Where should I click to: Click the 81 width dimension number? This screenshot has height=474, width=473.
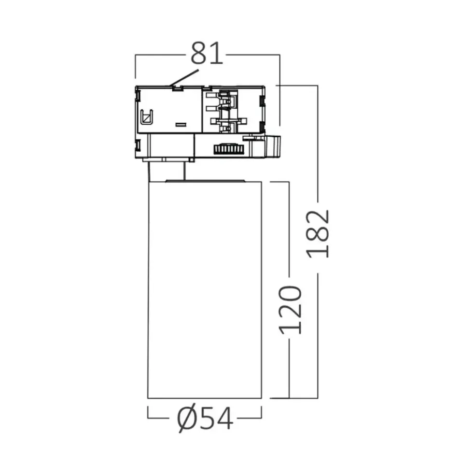coord(207,53)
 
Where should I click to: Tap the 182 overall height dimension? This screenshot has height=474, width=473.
coord(318,234)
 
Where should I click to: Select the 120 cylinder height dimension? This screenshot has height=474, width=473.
coord(290,310)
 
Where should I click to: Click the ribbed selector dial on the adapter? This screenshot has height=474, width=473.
coord(229,149)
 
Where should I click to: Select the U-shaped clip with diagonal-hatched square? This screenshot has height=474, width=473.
coord(147,116)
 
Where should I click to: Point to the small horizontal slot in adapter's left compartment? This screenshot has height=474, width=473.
coord(181,124)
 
